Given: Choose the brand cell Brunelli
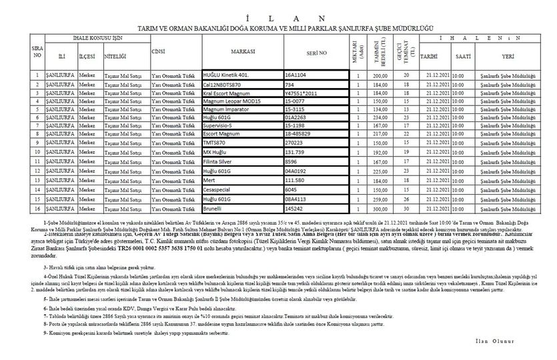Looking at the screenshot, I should coord(216,208).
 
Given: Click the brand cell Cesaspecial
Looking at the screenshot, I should coord(222,189).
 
